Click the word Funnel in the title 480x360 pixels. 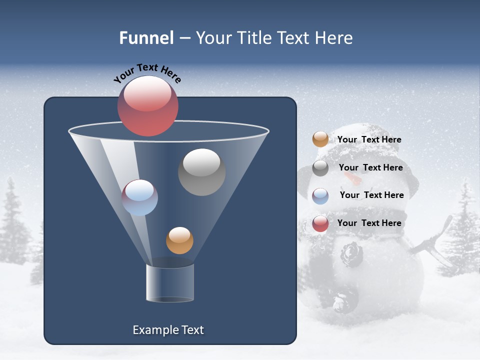coord(146,38)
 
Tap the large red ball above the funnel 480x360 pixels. coord(147,106)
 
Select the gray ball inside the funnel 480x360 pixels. coord(201,172)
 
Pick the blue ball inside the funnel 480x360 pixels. coord(140,197)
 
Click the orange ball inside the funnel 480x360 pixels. coord(179,240)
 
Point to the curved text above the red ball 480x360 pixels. coord(147,73)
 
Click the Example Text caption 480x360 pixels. coord(168,330)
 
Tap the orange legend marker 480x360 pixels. coord(320,139)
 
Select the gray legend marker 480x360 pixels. coord(320,168)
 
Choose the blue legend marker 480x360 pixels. coord(320,196)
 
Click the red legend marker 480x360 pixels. coord(320,223)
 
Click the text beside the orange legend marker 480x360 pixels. coord(369,139)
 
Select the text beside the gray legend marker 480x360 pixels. coord(370,167)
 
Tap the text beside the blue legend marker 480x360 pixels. coord(371,195)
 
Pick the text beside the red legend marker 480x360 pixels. coord(369,223)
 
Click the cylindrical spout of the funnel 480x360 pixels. coord(170,283)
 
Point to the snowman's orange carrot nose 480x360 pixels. coord(353,179)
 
